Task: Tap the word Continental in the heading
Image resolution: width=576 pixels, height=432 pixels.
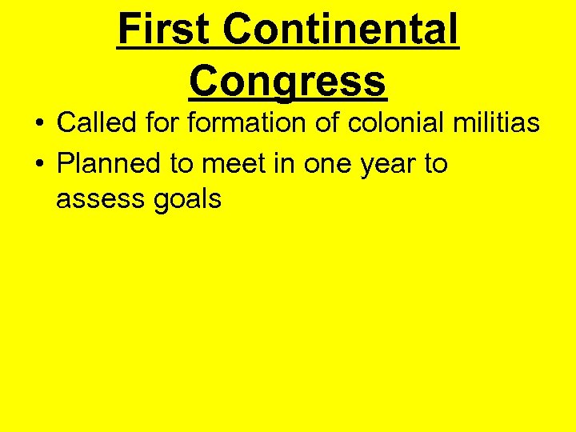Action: (x=341, y=30)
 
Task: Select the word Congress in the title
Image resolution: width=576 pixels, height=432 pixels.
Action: (x=288, y=81)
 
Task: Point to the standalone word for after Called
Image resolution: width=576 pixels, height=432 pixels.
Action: (x=164, y=123)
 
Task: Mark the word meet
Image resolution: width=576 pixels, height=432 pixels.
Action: (x=228, y=163)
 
